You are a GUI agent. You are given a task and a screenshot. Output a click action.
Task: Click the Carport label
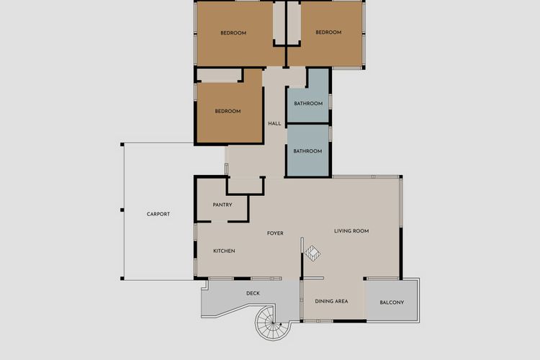pos(158,214)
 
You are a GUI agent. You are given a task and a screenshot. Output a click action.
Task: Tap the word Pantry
pos(222,205)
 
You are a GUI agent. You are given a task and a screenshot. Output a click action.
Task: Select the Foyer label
pos(275,233)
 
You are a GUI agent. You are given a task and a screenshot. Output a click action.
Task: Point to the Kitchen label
pos(224,251)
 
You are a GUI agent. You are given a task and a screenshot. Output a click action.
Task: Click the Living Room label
pos(351,231)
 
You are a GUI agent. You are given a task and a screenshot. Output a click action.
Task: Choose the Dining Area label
pos(332,301)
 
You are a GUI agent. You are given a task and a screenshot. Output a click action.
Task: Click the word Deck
pos(253,293)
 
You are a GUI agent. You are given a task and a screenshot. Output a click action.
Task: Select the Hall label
pos(274,124)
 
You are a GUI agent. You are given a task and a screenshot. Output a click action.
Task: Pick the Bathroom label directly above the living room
pos(308,151)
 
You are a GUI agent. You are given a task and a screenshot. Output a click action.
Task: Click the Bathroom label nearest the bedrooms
pos(308,104)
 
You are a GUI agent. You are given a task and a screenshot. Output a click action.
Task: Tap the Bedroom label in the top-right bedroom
pos(328,32)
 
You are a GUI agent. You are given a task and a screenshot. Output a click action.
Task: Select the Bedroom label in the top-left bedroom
pos(233,33)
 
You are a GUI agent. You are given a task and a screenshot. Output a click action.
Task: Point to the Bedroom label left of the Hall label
pos(228,111)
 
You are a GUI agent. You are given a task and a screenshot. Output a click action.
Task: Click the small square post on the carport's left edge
pos(122,210)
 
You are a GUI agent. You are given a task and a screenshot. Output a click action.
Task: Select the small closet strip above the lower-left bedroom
pos(218,76)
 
